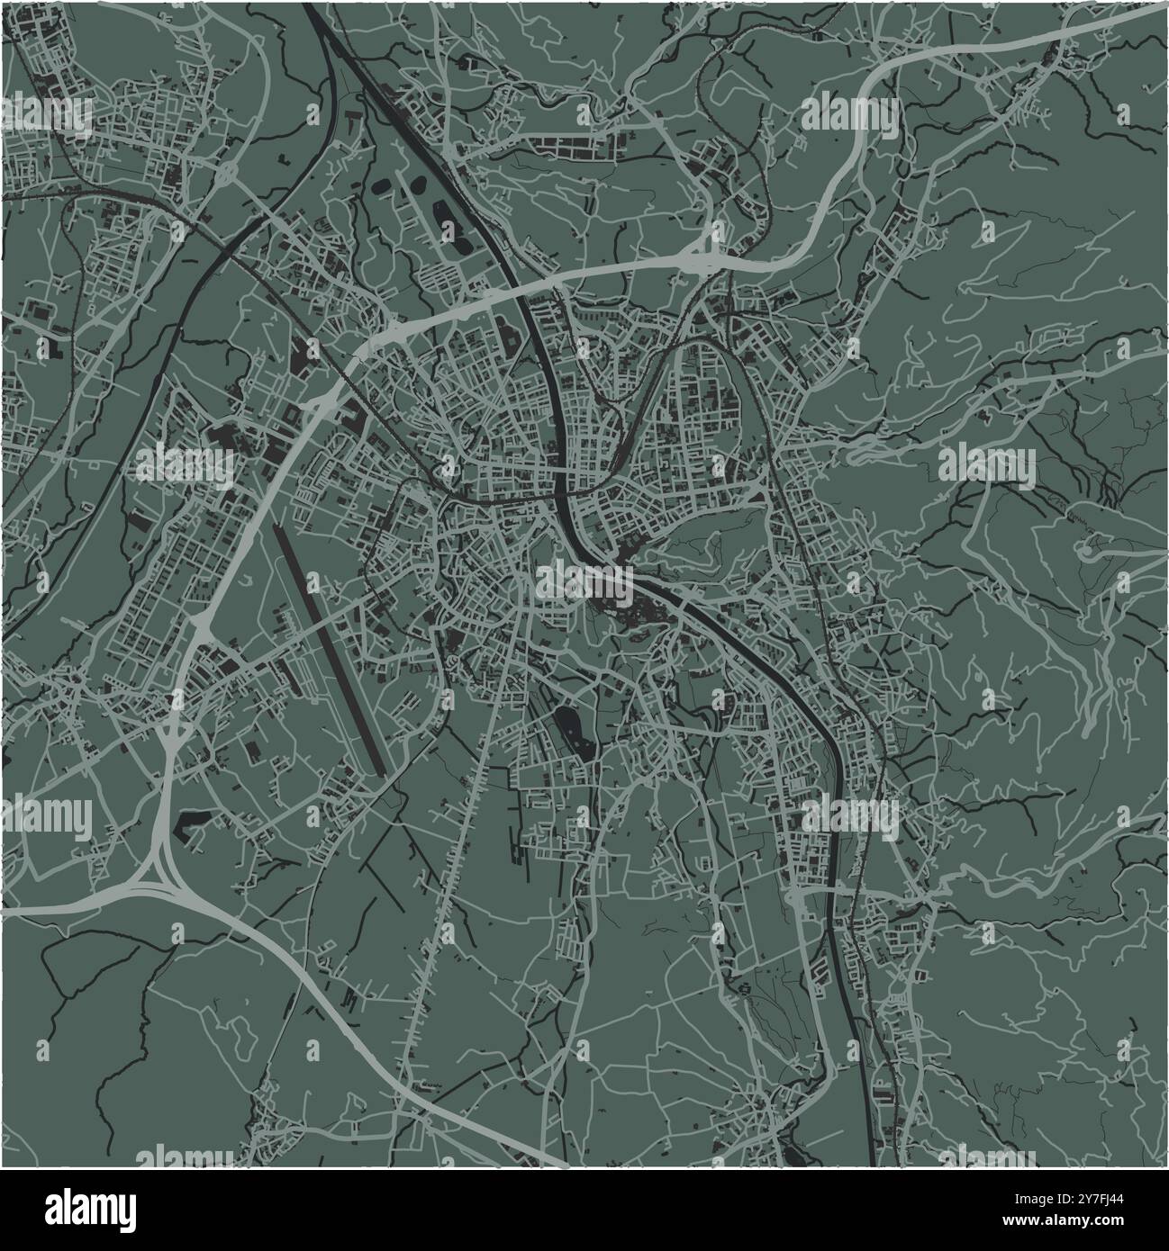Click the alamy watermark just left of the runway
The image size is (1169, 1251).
(186, 463)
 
